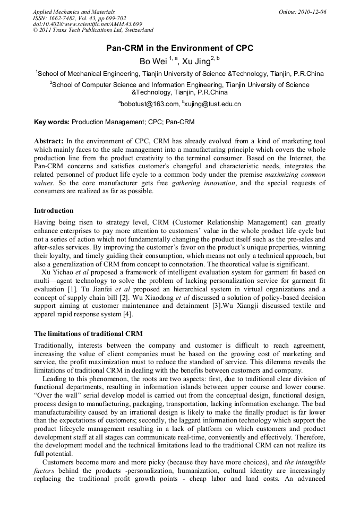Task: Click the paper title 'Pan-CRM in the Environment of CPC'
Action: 179,48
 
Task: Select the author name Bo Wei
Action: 152,62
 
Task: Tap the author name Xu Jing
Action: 196,62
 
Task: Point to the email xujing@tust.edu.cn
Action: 213,104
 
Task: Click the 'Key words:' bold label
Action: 52,122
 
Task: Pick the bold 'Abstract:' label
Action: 49,141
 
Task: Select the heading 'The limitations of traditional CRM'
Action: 88,334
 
